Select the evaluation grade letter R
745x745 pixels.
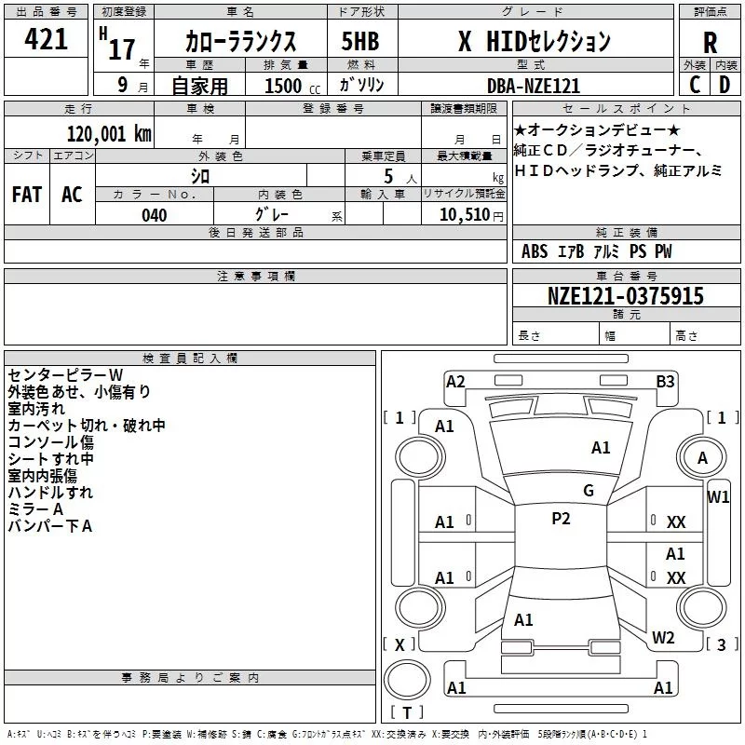pos(710,44)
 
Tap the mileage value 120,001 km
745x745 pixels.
pos(110,134)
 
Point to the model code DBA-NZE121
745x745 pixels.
pos(534,86)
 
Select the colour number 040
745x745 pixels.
pos(154,215)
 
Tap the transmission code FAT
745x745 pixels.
pos(27,195)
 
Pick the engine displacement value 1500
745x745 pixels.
pos(283,86)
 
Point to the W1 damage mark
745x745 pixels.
pos(718,496)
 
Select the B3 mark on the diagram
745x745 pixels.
pos(665,381)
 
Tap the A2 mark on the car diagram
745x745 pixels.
pos(455,381)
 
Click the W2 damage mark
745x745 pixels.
pos(663,638)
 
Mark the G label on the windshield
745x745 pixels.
pos(588,491)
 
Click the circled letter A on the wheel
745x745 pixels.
pos(702,458)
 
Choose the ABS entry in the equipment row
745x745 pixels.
pos(535,251)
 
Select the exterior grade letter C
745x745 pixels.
pos(694,86)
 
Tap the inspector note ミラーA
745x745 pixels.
pos(34,509)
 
